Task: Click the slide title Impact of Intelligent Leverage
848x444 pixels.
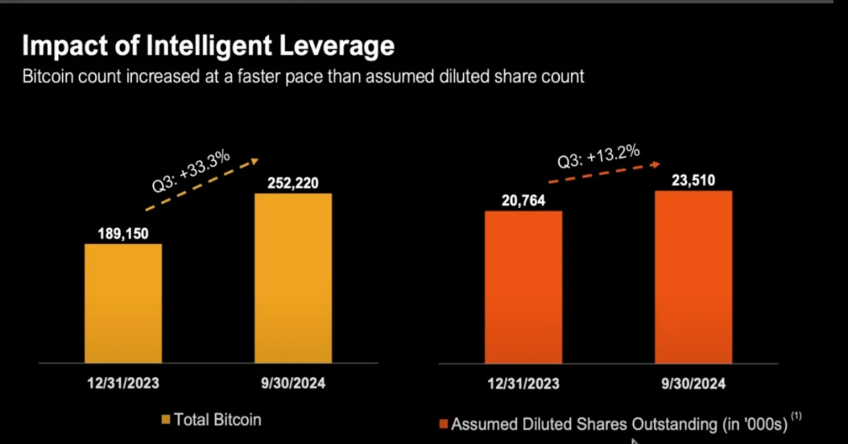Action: (x=207, y=46)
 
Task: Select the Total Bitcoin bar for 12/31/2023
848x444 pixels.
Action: (x=122, y=303)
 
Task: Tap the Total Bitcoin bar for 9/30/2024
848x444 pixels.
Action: (x=293, y=278)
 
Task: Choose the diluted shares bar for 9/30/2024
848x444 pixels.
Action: (x=693, y=276)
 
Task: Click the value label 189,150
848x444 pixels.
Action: (x=122, y=233)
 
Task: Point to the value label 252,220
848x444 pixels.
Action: (x=293, y=183)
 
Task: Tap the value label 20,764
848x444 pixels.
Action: (x=523, y=201)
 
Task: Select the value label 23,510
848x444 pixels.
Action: (x=693, y=180)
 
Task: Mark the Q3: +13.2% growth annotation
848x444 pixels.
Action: (x=598, y=155)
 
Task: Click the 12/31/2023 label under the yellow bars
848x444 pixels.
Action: (x=122, y=384)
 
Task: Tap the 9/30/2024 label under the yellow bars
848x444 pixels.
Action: (x=293, y=384)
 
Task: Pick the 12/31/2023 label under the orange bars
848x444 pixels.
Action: (x=523, y=384)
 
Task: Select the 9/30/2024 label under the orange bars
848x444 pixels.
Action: (x=693, y=384)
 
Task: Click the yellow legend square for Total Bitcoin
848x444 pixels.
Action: (x=166, y=420)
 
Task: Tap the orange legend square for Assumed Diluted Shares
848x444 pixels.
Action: (x=444, y=424)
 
